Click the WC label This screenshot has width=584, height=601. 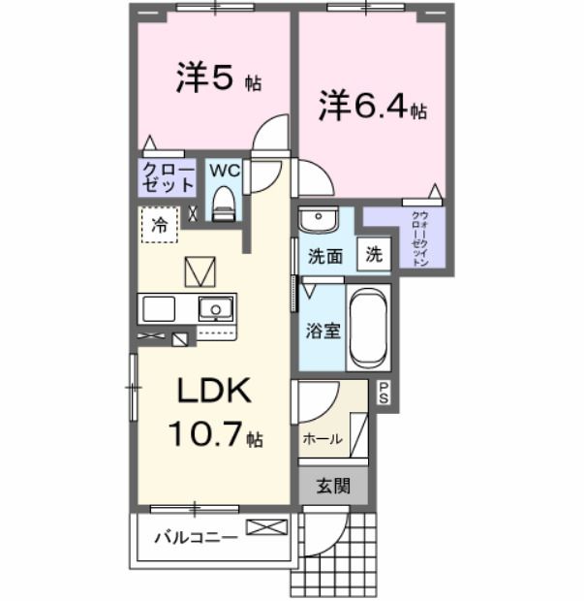(224, 170)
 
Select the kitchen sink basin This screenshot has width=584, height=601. (215, 310)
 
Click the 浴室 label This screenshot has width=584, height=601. (323, 330)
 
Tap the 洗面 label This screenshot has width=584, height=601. (325, 257)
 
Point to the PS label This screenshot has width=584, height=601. (384, 393)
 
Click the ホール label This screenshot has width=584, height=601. (323, 438)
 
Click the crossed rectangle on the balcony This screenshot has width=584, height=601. (266, 527)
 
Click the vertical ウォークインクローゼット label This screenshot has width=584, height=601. (420, 238)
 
